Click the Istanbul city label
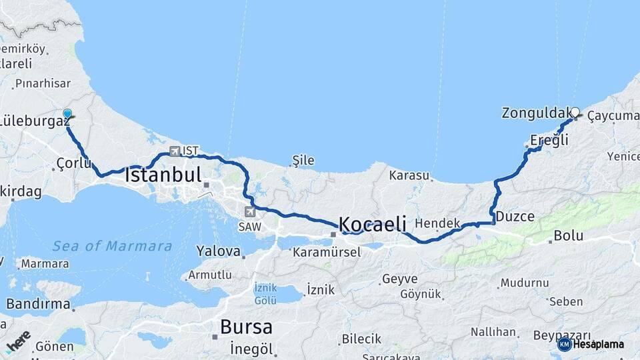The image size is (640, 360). pos(163,175)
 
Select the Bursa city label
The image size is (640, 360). pos(246,327)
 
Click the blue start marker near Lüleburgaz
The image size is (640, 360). pos(67,115)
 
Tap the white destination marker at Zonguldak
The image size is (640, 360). pos(575,113)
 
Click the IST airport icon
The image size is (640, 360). pos(175,151)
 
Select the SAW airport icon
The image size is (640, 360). pos(250,212)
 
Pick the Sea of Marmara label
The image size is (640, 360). pos(112,246)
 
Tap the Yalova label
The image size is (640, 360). pos(218,251)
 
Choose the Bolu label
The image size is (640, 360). pos(568,236)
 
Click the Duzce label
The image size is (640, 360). pos(515,217)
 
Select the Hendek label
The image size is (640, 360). pos(437,223)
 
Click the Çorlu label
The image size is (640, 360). pos(74,163)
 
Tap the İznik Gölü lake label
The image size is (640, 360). pos(265,294)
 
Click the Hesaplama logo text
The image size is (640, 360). pos(598,345)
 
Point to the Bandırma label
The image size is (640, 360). pos(38,305)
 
